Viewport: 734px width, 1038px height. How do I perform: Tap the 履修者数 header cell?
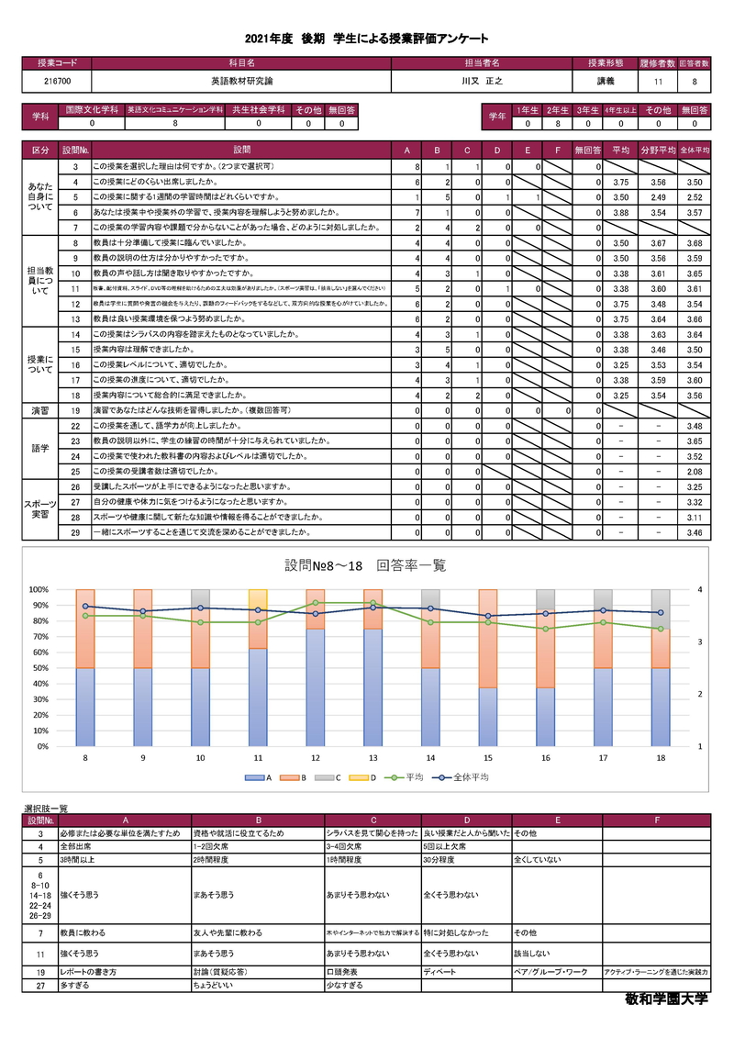click(x=658, y=63)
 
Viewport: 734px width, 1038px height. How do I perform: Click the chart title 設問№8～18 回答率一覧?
click(x=366, y=565)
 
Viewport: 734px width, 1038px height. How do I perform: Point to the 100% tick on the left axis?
click(x=38, y=589)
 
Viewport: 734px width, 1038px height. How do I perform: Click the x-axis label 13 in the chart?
click(x=373, y=759)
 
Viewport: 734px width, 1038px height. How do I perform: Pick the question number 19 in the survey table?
click(x=75, y=410)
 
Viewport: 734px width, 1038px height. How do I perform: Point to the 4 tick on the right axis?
click(x=700, y=589)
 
